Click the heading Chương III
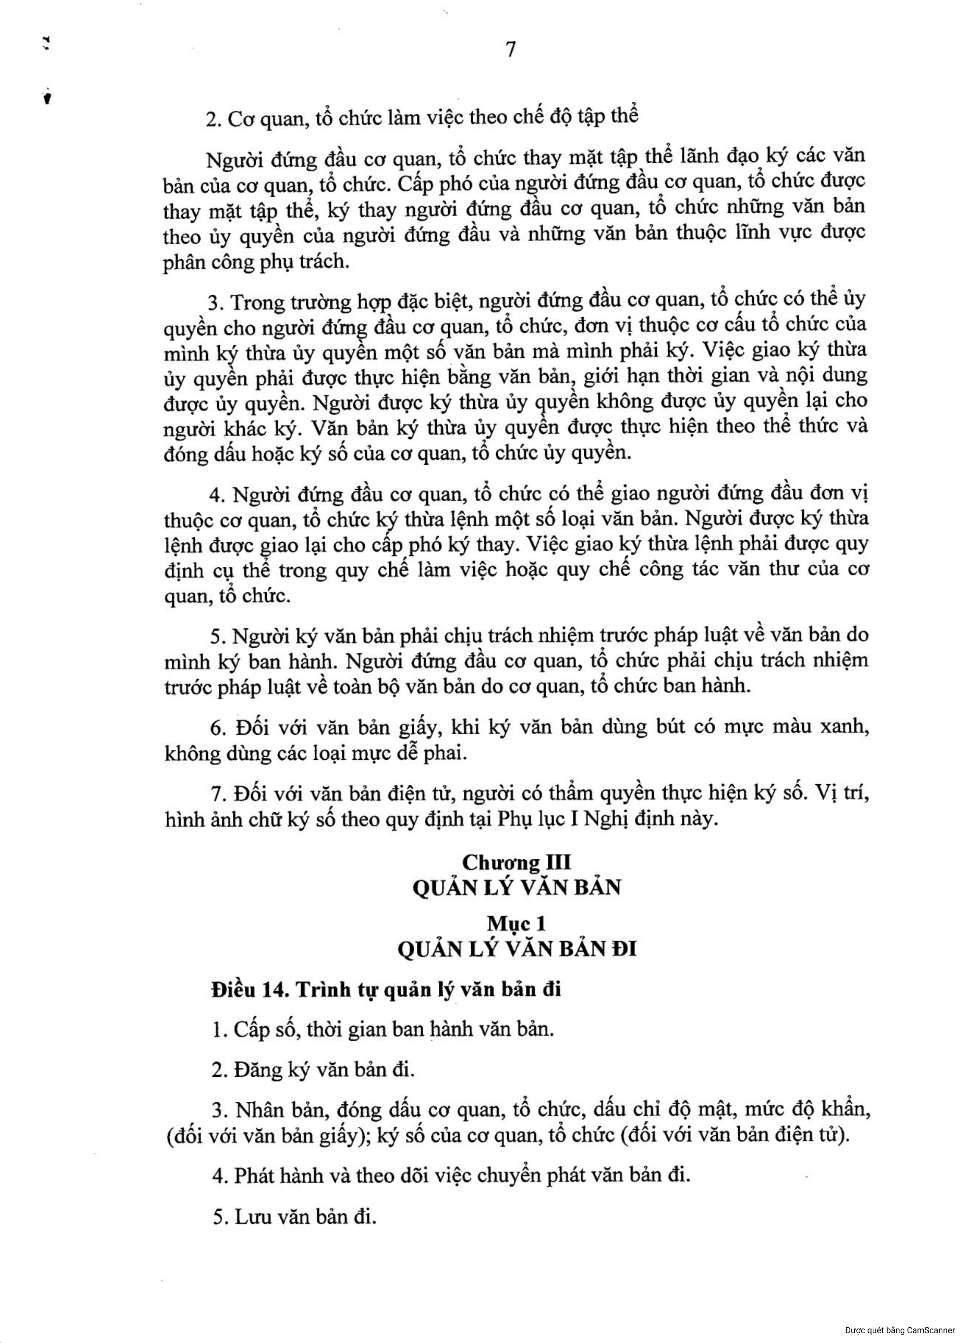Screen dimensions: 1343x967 (x=517, y=862)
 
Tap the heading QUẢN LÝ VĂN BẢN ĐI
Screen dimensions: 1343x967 (x=517, y=949)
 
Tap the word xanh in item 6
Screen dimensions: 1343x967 (x=844, y=727)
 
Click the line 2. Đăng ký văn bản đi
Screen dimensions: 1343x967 (x=313, y=1070)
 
